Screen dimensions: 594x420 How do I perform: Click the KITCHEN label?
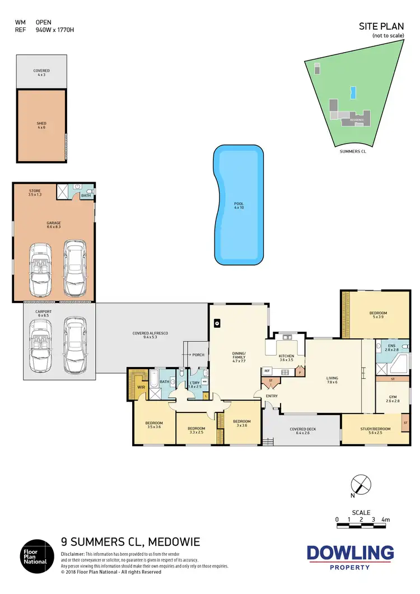point(286,356)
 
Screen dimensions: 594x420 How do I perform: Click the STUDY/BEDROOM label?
point(375,429)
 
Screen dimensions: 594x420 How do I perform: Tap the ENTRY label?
point(272,396)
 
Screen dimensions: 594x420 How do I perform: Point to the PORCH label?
point(198,355)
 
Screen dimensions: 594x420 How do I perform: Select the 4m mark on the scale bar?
point(385,520)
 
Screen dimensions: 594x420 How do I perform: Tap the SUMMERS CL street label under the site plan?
point(352,151)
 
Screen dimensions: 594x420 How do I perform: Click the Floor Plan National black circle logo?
point(37,555)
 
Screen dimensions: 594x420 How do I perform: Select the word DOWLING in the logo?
point(350,553)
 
